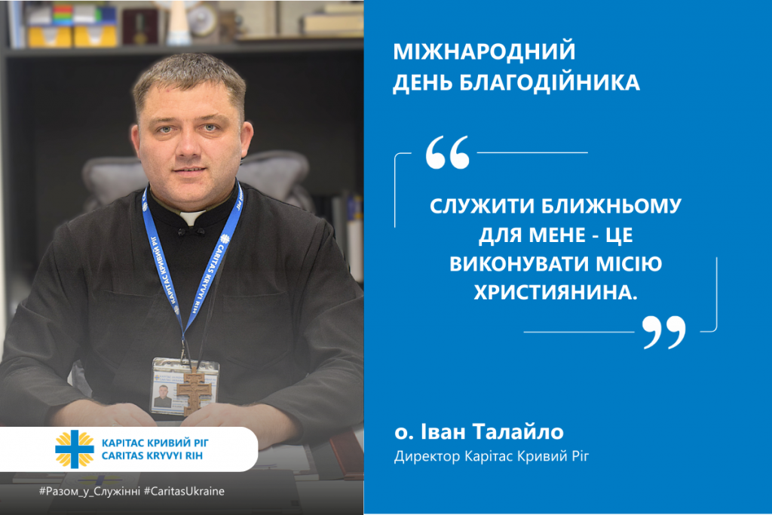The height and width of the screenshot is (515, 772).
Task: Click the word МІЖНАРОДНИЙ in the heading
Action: coord(484,51)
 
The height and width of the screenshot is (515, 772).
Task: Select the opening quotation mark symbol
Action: coord(447,152)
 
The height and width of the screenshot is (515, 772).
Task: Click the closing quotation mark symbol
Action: coord(663,333)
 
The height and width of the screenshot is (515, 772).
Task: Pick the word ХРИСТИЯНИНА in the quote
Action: coord(556,293)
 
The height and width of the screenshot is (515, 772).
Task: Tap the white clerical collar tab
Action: coord(192,217)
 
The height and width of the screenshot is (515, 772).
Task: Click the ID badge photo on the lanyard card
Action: coord(162,396)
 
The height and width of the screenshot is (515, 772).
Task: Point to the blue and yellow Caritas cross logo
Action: coord(75,449)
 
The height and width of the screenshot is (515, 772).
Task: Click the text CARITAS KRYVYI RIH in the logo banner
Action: coord(152,456)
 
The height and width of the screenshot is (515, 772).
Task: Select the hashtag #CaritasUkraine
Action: coord(184,492)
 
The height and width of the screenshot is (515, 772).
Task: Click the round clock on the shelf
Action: coord(201,20)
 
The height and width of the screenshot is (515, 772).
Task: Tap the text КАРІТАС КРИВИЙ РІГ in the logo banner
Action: coord(155,443)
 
